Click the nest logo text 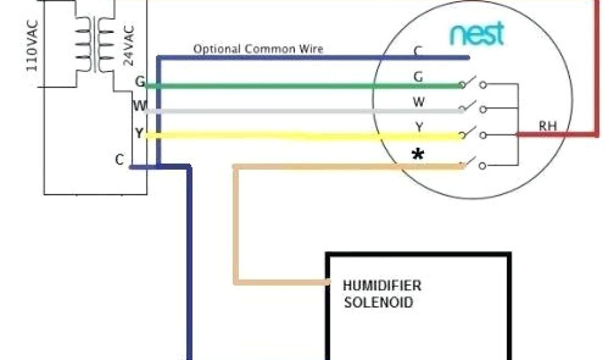point(477,35)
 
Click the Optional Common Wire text point(258,49)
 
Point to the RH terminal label point(547,126)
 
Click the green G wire point(300,86)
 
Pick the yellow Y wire point(300,136)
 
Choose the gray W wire point(300,111)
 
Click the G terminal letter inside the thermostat point(418,76)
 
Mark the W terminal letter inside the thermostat point(419,102)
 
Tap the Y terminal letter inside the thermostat point(419,127)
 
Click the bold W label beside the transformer point(140,107)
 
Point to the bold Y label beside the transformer point(139,133)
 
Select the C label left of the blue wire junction point(119,160)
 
